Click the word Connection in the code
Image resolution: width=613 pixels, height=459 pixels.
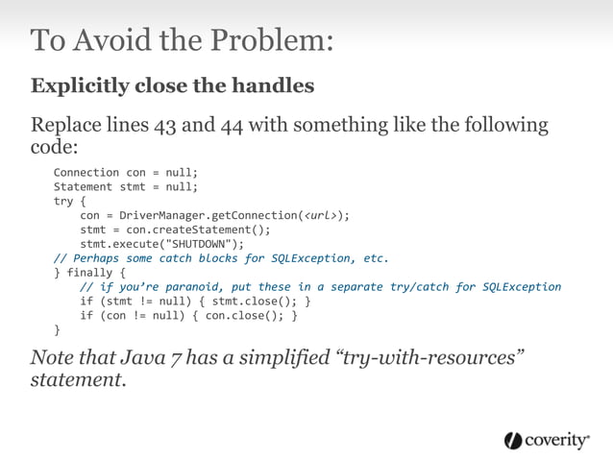[86, 173]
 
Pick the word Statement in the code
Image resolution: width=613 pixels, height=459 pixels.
[83, 187]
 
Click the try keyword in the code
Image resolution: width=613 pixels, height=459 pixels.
[63, 202]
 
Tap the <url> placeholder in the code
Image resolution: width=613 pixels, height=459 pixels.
[319, 216]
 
